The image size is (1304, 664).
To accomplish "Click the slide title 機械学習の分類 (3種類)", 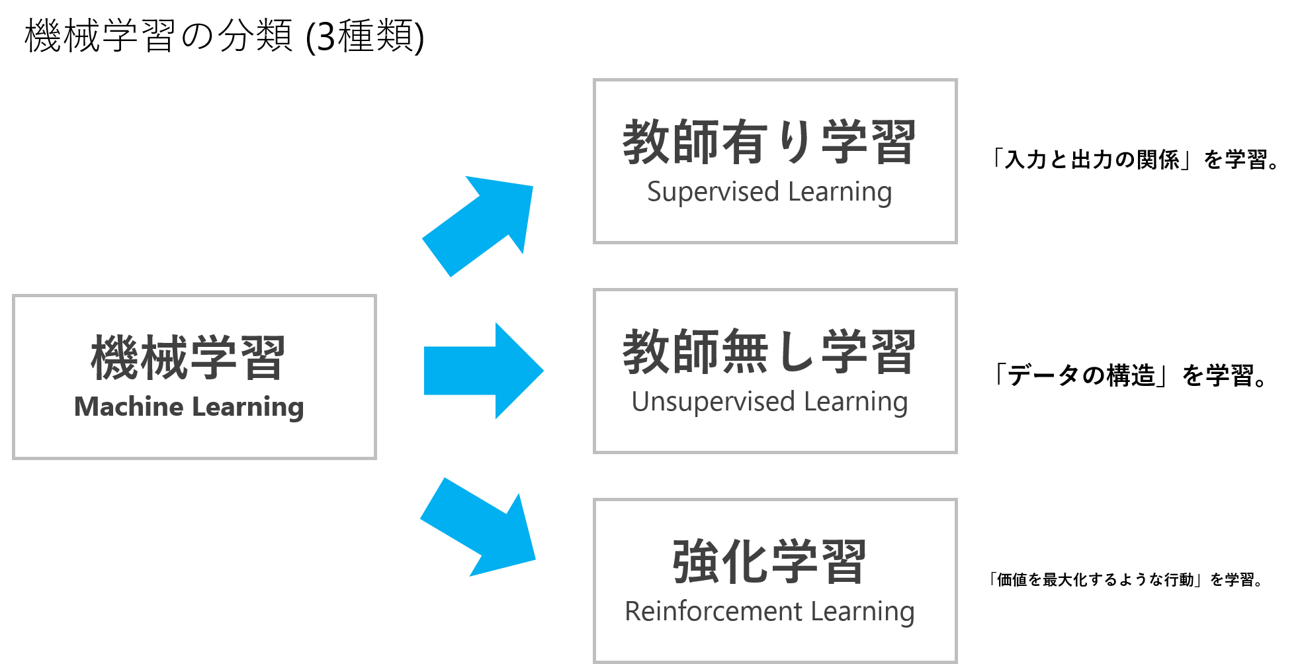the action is pos(224,36).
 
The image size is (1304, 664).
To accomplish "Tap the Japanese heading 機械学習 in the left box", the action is pos(189,357).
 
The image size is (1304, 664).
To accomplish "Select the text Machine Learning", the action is pos(189,406).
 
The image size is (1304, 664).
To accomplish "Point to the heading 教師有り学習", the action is pos(769,142).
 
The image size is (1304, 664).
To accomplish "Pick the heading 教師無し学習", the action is pos(769,352).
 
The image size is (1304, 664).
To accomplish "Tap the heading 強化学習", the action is pos(769,561).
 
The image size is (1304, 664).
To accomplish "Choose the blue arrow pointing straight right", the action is pos(484,371).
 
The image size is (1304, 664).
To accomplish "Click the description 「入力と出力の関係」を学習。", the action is pos(1135,160).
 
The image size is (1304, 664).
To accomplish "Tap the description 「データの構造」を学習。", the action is pos(1129,375).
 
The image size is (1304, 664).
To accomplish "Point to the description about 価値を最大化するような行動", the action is pos(1125,580).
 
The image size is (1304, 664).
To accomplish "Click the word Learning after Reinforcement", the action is pos(863,612).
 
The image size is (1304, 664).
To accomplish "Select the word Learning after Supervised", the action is pos(840,193).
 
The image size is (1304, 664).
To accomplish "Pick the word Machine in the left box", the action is pos(129,406).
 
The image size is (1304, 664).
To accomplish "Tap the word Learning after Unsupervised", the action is pos(856,403).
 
